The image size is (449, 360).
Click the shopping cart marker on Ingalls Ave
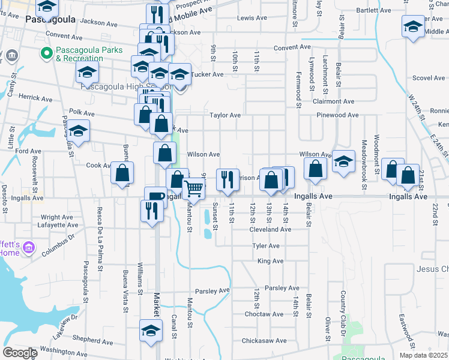193,189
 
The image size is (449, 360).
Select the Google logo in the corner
19,353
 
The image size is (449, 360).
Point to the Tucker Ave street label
208,74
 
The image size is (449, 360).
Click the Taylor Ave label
225,115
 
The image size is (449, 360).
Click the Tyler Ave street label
266,246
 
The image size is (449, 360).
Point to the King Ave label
270,261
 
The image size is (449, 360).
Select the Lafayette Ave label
59,225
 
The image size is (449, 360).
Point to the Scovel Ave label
429,78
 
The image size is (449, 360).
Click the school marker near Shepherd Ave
151,330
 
